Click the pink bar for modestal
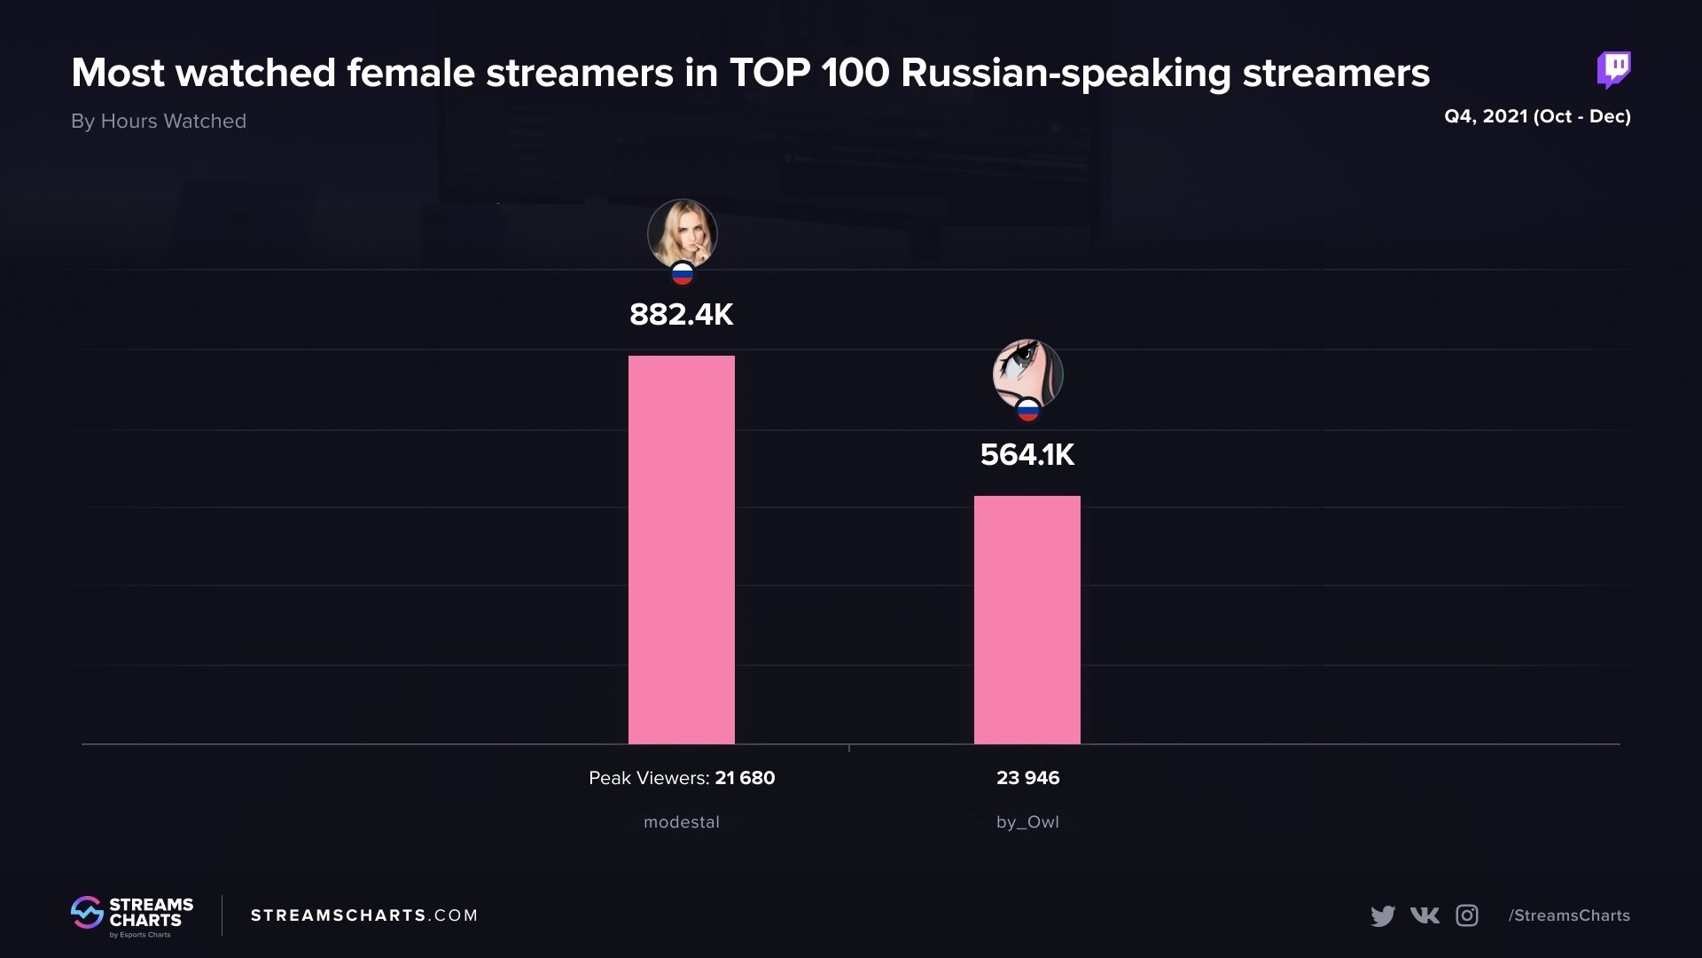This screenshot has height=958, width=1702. pyautogui.click(x=681, y=550)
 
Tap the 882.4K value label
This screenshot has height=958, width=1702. pyautogui.click(x=681, y=315)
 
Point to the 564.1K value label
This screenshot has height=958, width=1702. pyautogui.click(x=1027, y=455)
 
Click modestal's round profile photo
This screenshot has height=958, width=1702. pyautogui.click(x=682, y=232)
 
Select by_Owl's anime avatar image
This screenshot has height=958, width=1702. pyautogui.click(x=1027, y=373)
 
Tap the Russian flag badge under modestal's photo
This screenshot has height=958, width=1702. pyautogui.click(x=682, y=274)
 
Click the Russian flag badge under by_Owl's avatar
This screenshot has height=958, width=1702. pyautogui.click(x=1027, y=410)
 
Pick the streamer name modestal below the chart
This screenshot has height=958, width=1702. pyautogui.click(x=681, y=822)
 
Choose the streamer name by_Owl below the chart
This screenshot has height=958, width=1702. pyautogui.click(x=1027, y=822)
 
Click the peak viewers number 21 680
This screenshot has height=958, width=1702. pyautogui.click(x=745, y=778)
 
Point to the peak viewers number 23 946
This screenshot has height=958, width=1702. pyautogui.click(x=1027, y=778)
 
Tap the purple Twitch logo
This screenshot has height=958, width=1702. pyautogui.click(x=1613, y=69)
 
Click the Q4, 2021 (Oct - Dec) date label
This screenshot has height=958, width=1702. pyautogui.click(x=1537, y=116)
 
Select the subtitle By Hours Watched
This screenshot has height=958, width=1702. pyautogui.click(x=159, y=122)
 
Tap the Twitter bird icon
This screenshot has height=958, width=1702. pyautogui.click(x=1382, y=915)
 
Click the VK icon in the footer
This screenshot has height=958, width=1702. pyautogui.click(x=1425, y=915)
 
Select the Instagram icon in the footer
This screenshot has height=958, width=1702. pyautogui.click(x=1467, y=915)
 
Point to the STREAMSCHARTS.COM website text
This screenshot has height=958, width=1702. pyautogui.click(x=364, y=915)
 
